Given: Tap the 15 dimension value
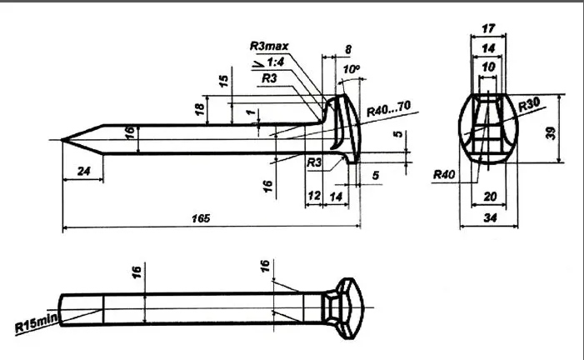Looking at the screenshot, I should pos(223,82).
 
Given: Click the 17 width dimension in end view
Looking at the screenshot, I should pos(487,27).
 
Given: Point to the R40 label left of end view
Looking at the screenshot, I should pos(443,175).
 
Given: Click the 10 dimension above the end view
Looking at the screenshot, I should pos(487,65).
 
